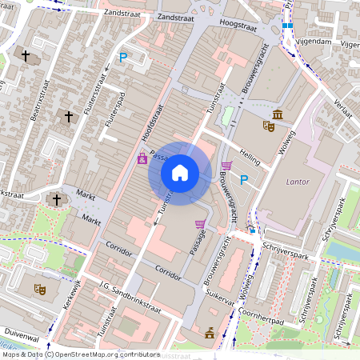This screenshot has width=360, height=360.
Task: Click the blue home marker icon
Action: coord(180,172)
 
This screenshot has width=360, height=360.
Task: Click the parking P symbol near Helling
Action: coord(244,178)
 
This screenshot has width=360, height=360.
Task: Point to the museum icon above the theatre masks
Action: coord(277,114)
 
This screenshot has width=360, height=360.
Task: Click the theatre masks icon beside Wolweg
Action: coord(269,126)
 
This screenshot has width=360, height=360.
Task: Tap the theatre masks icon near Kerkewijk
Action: coord(37,289)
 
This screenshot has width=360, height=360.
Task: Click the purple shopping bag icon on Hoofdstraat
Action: coord(142,159)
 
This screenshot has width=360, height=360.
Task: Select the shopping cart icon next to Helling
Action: coord(226,166)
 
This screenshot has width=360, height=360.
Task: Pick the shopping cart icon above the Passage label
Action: coord(200,224)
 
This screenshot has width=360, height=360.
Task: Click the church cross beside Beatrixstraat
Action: coord(26,56)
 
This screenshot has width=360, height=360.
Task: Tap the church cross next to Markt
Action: coord(55,198)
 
